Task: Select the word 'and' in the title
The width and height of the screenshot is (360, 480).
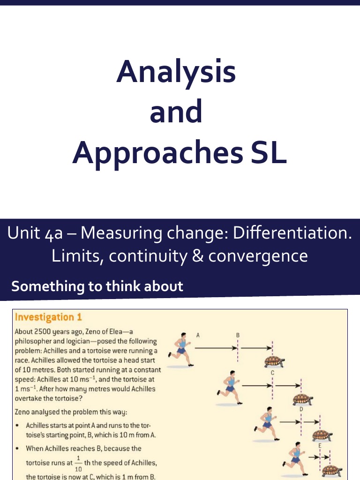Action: click(176, 112)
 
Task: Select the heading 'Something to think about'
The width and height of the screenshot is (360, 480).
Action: click(97, 286)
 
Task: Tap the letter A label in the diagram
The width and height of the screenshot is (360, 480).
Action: click(198, 335)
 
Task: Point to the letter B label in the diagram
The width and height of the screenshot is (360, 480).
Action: click(238, 335)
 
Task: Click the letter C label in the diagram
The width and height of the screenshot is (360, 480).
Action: click(272, 373)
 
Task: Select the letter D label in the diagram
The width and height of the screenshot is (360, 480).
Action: click(301, 409)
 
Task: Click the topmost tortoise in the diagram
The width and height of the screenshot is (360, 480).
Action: click(275, 360)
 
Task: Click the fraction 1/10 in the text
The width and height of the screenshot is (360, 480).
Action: click(78, 463)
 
